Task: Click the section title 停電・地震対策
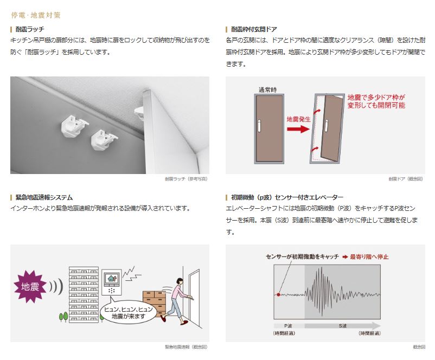point(36,15)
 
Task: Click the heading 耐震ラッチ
point(30,29)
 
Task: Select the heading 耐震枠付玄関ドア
point(254,29)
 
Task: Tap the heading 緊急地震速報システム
point(44,197)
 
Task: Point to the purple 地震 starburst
point(30,286)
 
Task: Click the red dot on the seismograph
point(279,294)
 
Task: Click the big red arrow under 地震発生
point(298,129)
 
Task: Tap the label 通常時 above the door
point(267,89)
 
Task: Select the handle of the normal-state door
point(259,126)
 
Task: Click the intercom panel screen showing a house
point(112,278)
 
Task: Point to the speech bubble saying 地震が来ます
point(128,312)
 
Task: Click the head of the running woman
point(180,281)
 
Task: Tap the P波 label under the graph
point(288,326)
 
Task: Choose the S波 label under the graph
point(343,326)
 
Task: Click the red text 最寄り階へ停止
point(369,257)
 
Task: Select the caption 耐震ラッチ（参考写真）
point(186,179)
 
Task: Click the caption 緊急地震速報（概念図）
point(186,346)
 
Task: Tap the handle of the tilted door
point(327,125)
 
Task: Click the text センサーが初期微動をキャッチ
point(303,257)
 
